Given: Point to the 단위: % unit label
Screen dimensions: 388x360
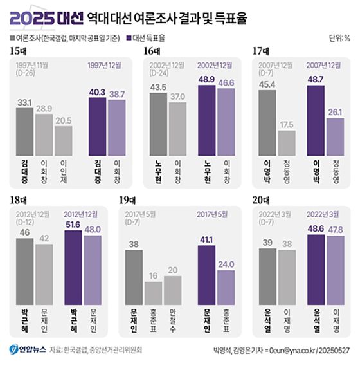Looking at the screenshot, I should pos(339,38).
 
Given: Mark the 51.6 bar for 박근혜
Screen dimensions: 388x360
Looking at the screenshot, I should pos(72,267).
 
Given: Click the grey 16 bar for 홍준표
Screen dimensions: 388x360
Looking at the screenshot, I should pos(153,293).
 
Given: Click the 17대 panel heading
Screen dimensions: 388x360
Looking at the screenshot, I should pos(260,51).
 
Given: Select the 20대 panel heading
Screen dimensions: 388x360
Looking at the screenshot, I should pos(260,201).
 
